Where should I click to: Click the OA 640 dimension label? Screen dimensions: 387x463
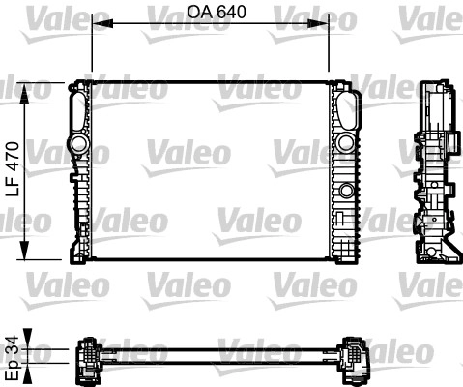pos(210,13)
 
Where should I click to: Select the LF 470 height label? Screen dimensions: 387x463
pos(14,169)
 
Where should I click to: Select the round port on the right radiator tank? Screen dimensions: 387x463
pos(344,144)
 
